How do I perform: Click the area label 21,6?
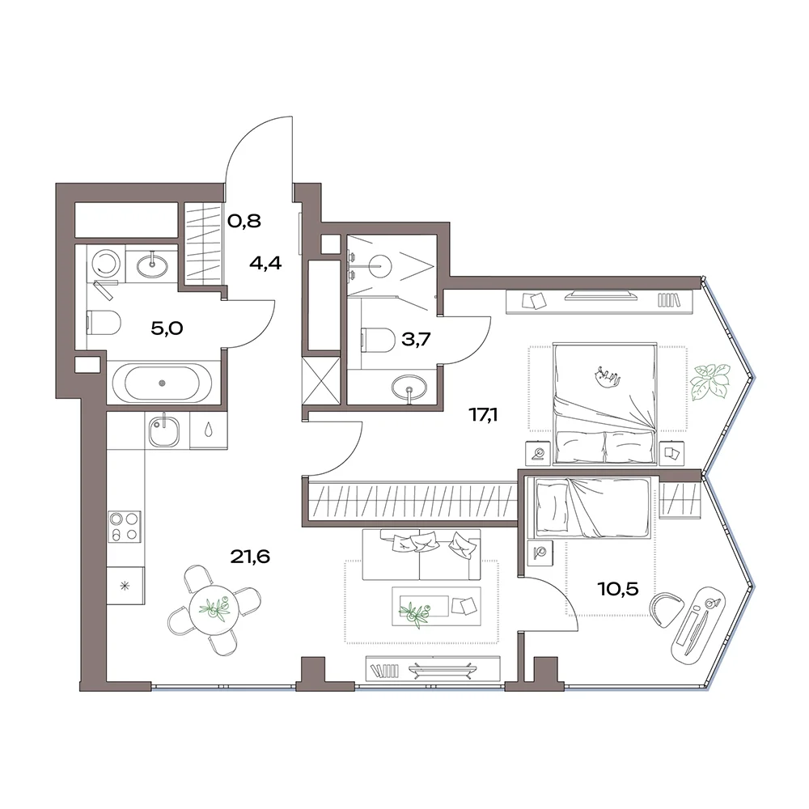point(250,557)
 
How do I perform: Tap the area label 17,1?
point(483,414)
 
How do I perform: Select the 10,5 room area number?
point(617,588)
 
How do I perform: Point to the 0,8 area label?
point(244,221)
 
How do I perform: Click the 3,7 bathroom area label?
point(416,339)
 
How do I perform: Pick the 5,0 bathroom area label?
point(167,328)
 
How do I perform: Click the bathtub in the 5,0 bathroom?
point(162,383)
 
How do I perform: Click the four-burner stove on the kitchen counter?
point(125,527)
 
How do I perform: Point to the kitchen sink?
point(164,431)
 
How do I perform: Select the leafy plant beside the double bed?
point(711,383)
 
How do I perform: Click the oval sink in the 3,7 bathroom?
point(409,385)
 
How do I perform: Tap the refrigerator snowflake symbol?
point(125,586)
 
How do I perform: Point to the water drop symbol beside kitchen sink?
point(208,430)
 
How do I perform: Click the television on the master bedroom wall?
point(601,295)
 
